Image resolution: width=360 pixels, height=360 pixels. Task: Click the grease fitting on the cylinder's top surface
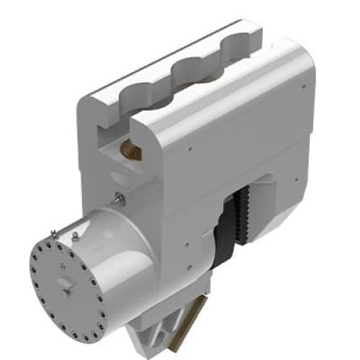pyautogui.click(x=74, y=234)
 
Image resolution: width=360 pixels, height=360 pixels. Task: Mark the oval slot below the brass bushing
pyautogui.click(x=115, y=176)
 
